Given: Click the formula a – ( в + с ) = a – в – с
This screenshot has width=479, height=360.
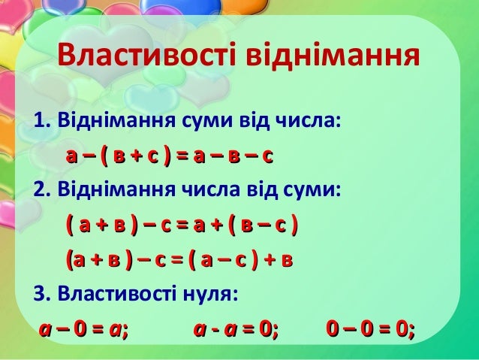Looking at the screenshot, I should pyautogui.click(x=169, y=156).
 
